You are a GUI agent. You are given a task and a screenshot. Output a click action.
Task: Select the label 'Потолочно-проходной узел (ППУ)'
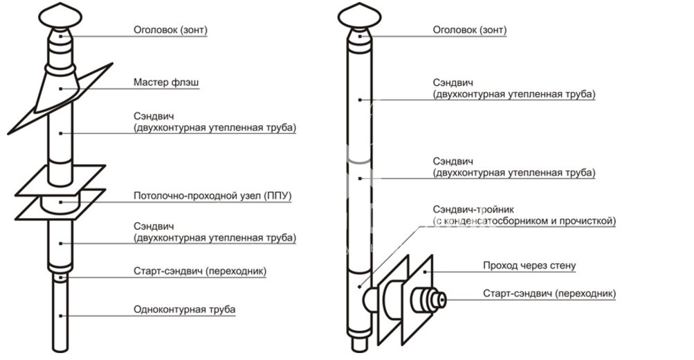click(212, 197)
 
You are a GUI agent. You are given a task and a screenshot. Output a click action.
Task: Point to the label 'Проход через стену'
click(529, 266)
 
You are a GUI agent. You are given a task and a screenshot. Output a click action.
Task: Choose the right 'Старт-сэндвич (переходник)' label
click(549, 294)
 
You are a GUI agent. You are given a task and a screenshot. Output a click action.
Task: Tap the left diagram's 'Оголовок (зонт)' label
click(170, 30)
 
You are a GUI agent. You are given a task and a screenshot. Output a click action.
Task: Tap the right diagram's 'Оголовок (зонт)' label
click(469, 30)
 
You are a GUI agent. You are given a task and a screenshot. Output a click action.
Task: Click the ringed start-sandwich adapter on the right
click(429, 300)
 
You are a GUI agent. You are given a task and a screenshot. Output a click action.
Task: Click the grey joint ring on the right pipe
click(359, 159)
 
